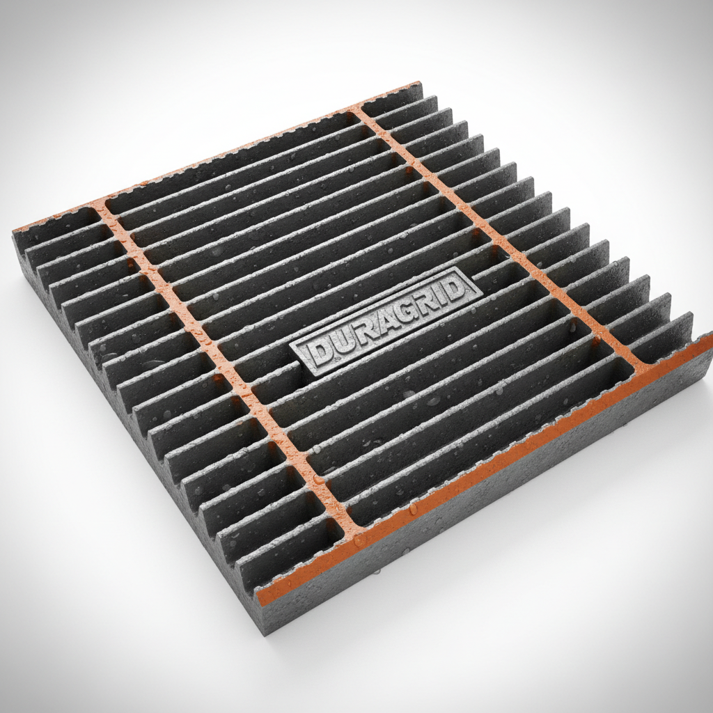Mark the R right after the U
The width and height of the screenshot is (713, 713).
point(359,329)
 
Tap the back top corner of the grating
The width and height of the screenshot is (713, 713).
point(420,84)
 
